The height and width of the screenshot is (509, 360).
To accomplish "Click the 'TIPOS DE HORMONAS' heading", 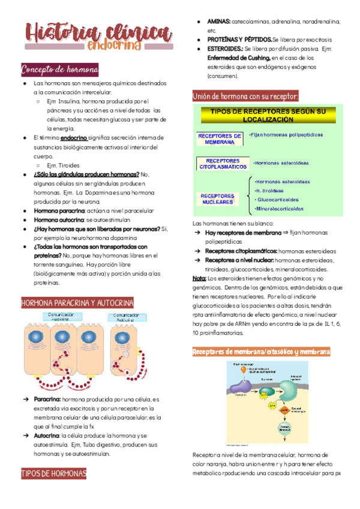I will click(53, 474).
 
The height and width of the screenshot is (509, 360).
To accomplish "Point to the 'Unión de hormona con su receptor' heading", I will click(245, 96).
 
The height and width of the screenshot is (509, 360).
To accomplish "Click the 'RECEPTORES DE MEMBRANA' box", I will click(219, 139).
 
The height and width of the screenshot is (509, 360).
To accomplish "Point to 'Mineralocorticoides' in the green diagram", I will click(280, 209).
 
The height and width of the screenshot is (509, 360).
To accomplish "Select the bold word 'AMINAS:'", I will click(219, 22).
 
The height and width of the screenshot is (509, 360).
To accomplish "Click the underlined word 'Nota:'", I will click(199, 279).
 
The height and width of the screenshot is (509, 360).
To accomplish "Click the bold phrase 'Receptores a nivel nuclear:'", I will click(239, 260).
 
